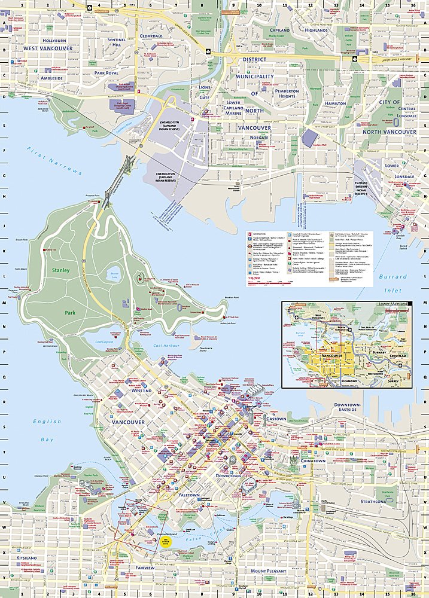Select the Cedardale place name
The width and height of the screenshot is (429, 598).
click(x=151, y=35)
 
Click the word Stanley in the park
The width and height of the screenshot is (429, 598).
click(x=60, y=270)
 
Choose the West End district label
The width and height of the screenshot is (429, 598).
click(x=142, y=390)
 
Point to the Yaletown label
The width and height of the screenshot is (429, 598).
click(x=190, y=495)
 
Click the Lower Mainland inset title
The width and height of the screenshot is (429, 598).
click(x=393, y=304)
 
